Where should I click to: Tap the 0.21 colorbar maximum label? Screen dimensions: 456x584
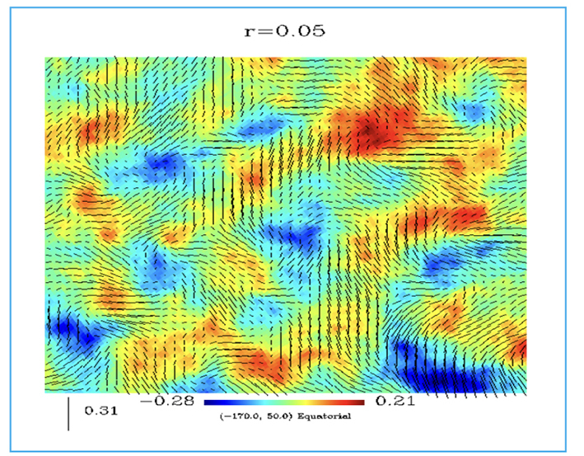pyautogui.click(x=394, y=402)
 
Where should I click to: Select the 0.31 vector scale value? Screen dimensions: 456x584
pyautogui.click(x=102, y=409)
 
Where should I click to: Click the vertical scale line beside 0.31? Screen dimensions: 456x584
pyautogui.click(x=68, y=412)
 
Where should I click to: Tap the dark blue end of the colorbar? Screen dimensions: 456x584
pyautogui.click(x=209, y=402)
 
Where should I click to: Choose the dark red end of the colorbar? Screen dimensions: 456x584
pyautogui.click(x=358, y=402)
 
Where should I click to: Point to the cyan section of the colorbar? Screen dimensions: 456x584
pyautogui.click(x=251, y=402)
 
